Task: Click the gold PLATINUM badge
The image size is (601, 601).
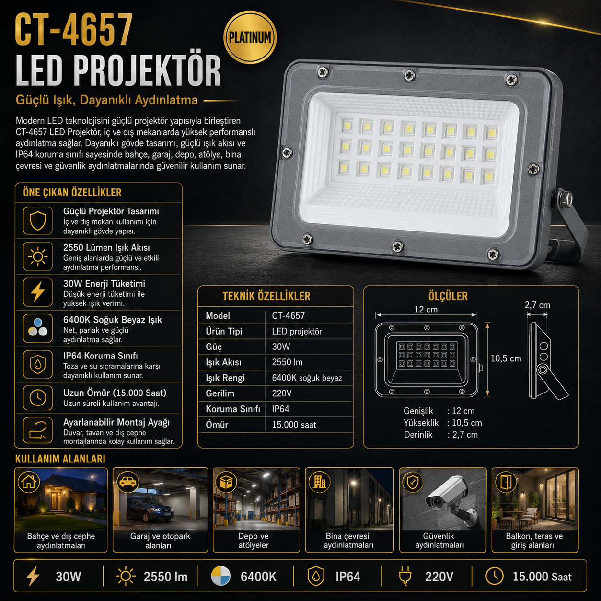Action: click(250, 37)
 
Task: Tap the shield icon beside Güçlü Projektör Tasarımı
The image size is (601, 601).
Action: click(38, 220)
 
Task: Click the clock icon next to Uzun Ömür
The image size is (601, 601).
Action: click(38, 398)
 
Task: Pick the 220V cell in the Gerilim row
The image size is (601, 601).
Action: click(282, 393)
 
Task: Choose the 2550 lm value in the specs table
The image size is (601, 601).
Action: click(287, 362)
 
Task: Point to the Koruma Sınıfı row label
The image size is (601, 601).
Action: click(232, 409)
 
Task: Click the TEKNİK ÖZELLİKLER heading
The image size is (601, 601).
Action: click(266, 296)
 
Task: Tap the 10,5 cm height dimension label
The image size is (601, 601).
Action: click(506, 358)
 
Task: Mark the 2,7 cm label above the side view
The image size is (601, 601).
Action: click(537, 305)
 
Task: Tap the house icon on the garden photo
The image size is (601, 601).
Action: click(29, 481)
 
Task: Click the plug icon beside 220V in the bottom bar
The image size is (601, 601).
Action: click(405, 577)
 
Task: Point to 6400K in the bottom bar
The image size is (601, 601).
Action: click(258, 577)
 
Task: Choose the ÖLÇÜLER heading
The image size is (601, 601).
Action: click(448, 296)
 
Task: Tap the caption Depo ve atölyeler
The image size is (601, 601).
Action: click(253, 541)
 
